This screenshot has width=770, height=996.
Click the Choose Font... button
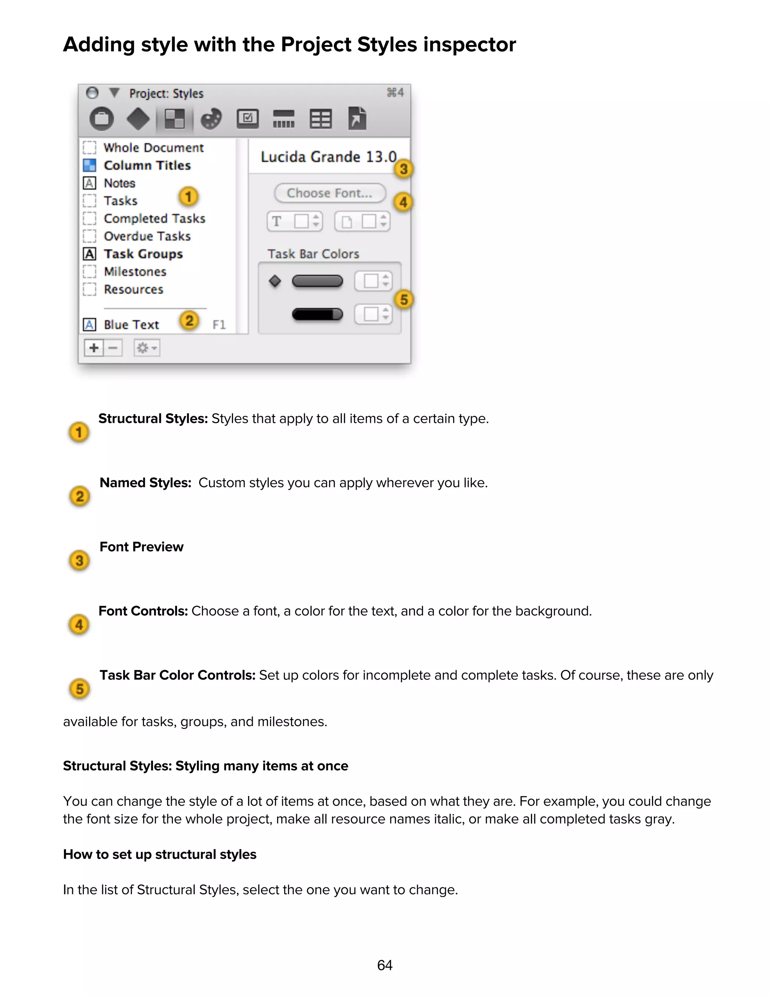[330, 193]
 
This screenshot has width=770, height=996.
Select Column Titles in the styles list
[147, 165]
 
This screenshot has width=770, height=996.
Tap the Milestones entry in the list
[135, 272]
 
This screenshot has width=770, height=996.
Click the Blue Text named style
[131, 325]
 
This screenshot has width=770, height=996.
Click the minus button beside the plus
[113, 348]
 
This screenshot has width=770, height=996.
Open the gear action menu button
[146, 348]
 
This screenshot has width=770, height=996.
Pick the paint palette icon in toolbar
[211, 119]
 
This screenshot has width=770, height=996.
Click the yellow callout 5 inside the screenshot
[404, 300]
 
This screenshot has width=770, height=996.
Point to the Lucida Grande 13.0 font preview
[329, 157]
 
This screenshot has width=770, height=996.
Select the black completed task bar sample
[317, 314]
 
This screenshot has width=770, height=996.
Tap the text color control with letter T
[295, 222]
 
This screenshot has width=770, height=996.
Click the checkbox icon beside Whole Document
[89, 148]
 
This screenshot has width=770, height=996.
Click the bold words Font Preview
[141, 547]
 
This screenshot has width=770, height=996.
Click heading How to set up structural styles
[160, 854]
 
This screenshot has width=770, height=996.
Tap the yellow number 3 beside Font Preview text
[79, 560]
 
